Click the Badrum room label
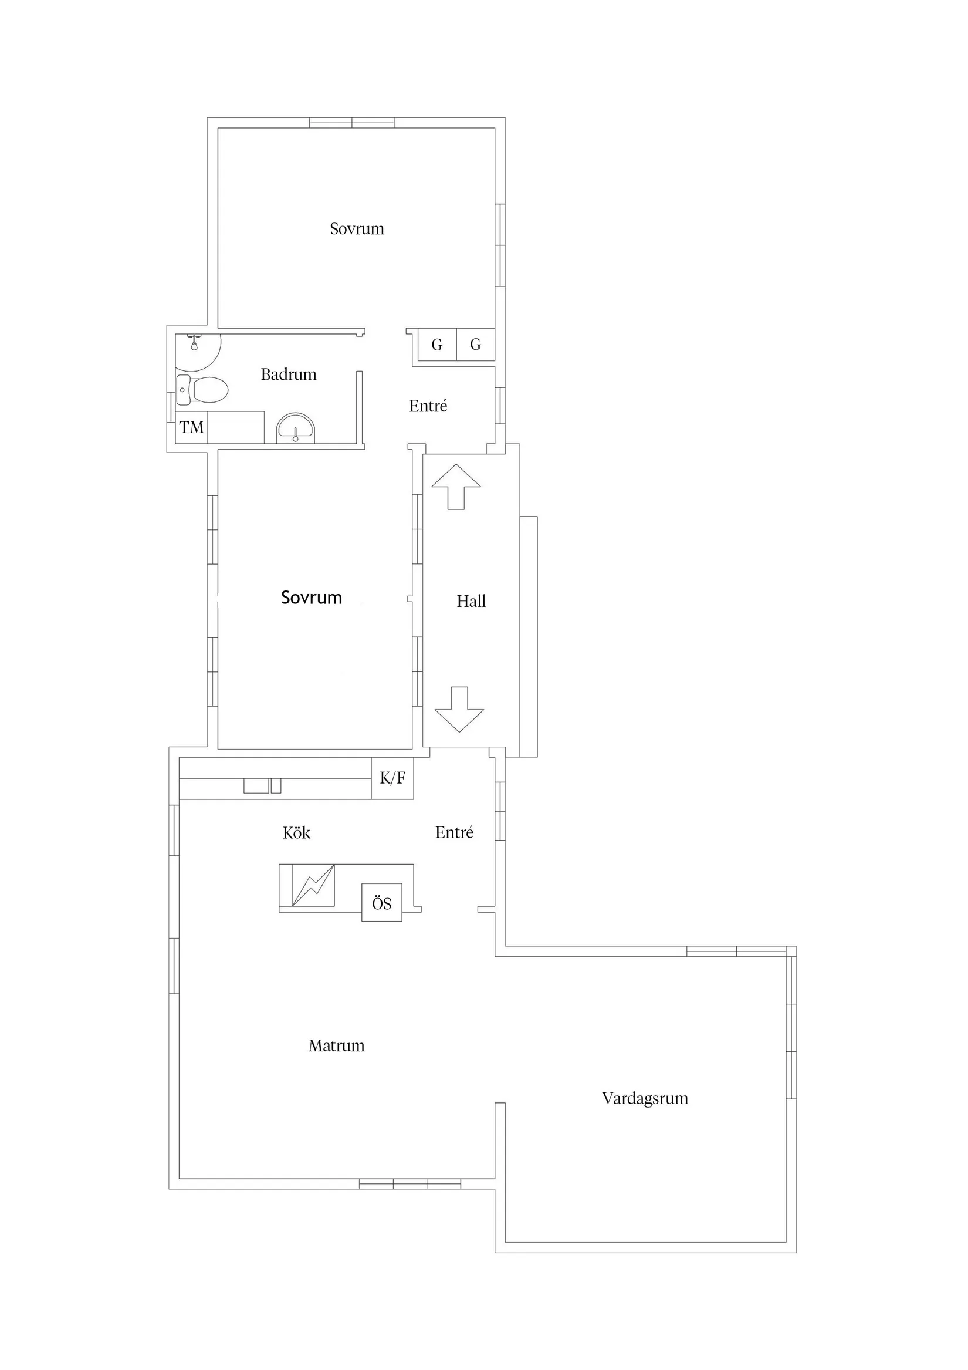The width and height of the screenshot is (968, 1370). click(x=289, y=374)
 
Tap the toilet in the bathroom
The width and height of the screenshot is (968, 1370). click(x=202, y=390)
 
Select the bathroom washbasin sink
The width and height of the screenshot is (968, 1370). click(x=295, y=428)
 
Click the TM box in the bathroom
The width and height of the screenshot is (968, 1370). click(x=191, y=427)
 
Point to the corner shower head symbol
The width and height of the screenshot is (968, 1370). click(x=194, y=343)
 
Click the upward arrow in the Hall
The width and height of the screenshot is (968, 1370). click(x=456, y=487)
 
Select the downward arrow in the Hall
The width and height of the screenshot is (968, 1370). click(x=459, y=710)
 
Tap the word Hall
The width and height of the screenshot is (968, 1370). click(x=471, y=602)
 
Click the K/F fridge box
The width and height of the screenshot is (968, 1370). click(x=392, y=778)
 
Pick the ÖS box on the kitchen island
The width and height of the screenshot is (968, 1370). click(x=382, y=902)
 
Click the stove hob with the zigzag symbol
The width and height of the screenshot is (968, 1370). click(x=313, y=886)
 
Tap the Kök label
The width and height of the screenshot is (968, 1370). click(x=296, y=833)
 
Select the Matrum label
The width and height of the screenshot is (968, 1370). click(x=336, y=1046)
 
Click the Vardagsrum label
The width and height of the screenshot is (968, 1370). click(x=645, y=1099)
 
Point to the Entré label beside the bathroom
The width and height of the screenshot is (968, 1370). click(x=428, y=406)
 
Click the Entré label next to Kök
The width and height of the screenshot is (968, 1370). click(x=455, y=833)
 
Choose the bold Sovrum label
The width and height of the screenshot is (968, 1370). click(x=312, y=598)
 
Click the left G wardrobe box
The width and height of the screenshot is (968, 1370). click(x=437, y=345)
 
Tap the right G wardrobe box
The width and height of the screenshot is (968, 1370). click(x=475, y=345)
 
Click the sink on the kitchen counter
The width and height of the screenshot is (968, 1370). click(x=262, y=786)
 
